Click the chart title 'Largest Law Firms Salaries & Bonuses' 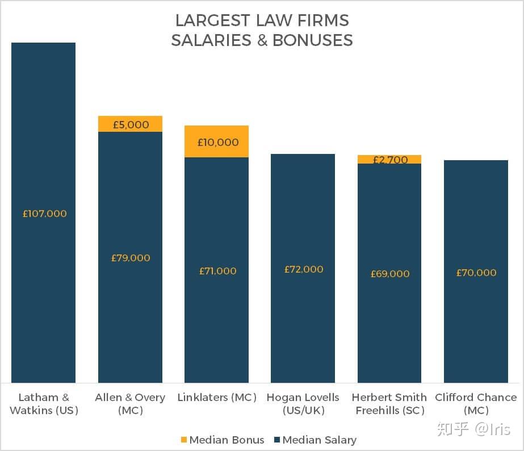[x=262, y=31]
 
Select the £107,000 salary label [x=44, y=214]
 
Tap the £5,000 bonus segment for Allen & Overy [x=130, y=124]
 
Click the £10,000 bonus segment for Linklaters [x=216, y=141]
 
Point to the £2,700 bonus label [x=390, y=160]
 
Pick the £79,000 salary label [x=131, y=258]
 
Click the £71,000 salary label [x=217, y=271]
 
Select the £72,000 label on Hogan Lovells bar [x=304, y=269]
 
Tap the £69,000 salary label [x=390, y=274]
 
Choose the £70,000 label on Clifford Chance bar [x=476, y=273]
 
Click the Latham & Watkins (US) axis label [x=44, y=403]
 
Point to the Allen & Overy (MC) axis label [x=130, y=403]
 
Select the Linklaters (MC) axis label [x=217, y=398]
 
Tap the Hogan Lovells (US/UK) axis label [x=303, y=403]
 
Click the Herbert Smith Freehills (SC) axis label [x=389, y=403]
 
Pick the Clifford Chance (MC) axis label [x=476, y=403]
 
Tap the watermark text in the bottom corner [x=473, y=429]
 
